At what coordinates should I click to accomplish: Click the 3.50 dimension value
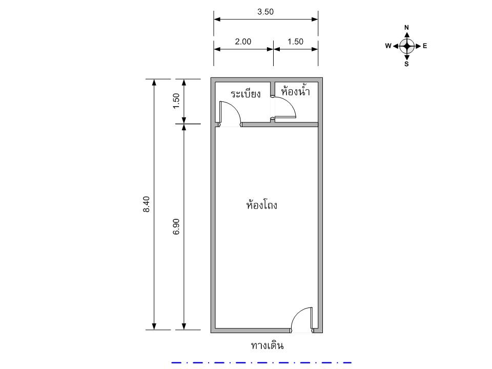pyautogui.click(x=265, y=12)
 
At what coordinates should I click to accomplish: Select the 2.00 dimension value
pyautogui.click(x=243, y=42)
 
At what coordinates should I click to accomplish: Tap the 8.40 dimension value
pyautogui.click(x=147, y=204)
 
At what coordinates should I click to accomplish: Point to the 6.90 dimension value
pyautogui.click(x=176, y=227)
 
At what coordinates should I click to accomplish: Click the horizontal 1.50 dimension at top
pyautogui.click(x=295, y=42)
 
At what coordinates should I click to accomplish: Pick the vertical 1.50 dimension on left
pyautogui.click(x=176, y=101)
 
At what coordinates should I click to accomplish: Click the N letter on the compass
pyautogui.click(x=406, y=27)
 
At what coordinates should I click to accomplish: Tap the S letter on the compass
pyautogui.click(x=406, y=64)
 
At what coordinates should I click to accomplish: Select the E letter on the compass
pyautogui.click(x=425, y=46)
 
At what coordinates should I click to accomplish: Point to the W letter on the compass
pyautogui.click(x=388, y=46)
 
